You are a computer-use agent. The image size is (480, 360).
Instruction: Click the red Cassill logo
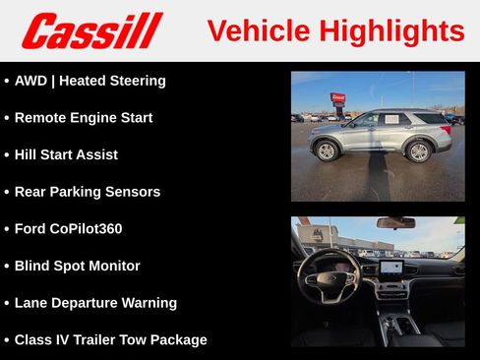tap(90, 30)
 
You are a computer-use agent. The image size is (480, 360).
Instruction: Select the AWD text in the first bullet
tap(31, 81)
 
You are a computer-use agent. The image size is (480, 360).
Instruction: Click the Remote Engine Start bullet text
tap(84, 118)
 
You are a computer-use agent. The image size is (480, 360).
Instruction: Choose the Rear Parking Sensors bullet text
tap(88, 192)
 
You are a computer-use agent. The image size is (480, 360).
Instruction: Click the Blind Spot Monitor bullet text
tap(77, 266)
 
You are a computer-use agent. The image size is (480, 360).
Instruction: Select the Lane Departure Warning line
tap(95, 303)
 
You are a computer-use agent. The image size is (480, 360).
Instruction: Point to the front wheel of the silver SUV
tap(326, 151)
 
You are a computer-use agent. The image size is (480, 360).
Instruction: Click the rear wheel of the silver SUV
tap(419, 151)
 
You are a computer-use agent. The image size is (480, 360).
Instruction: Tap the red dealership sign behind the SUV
tap(337, 98)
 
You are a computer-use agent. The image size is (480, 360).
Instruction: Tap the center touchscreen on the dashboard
tap(390, 267)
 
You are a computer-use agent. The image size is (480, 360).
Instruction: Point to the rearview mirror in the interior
tap(395, 223)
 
